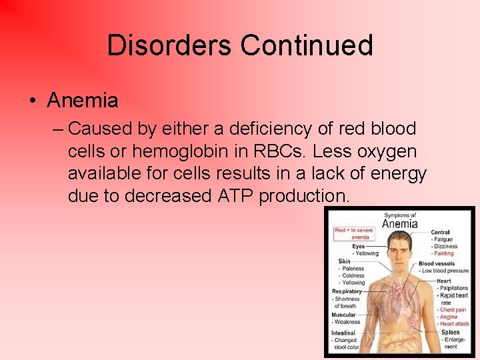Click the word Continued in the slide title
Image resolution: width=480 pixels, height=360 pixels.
click(x=306, y=45)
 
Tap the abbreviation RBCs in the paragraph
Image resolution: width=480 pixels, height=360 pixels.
click(x=287, y=151)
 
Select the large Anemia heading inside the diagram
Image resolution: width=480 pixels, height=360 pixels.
click(x=400, y=224)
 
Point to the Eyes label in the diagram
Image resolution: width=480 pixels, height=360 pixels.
click(x=359, y=246)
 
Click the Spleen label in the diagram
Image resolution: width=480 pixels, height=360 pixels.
click(x=450, y=332)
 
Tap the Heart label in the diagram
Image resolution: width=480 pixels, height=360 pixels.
click(x=444, y=281)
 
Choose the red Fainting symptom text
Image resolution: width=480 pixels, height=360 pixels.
click(x=443, y=253)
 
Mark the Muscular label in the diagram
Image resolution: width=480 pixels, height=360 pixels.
click(x=344, y=315)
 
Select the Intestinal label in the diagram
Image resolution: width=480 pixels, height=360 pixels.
click(x=345, y=333)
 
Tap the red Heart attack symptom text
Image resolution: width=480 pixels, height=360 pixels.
click(x=454, y=324)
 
